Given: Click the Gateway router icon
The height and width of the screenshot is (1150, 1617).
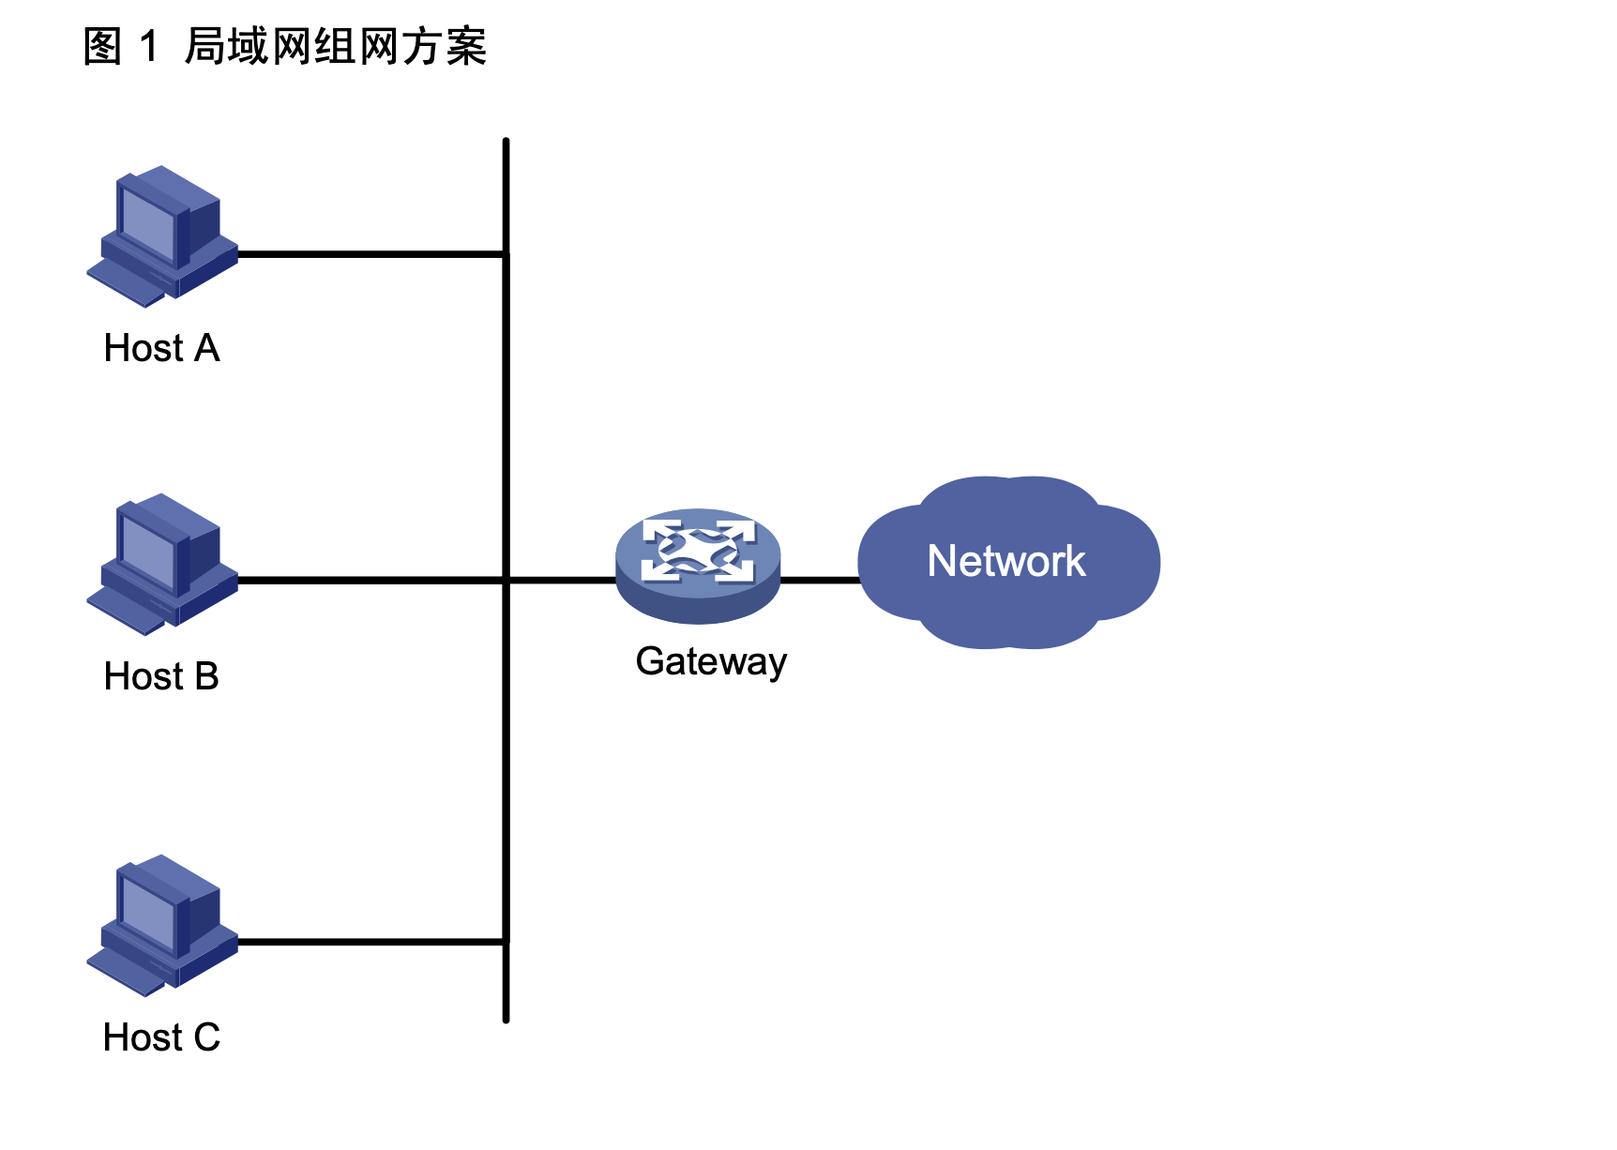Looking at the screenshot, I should tap(698, 565).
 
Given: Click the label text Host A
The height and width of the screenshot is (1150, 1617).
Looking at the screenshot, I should tap(161, 348).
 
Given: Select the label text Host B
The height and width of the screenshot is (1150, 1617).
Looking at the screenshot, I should tap(161, 676).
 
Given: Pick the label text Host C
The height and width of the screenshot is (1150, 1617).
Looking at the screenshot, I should tap(161, 1037).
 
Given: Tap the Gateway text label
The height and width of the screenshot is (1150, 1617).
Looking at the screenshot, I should tap(711, 662).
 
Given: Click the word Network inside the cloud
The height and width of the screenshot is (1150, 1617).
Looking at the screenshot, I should tap(1006, 561).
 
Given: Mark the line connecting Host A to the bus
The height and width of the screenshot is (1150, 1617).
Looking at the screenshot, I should tap(370, 253).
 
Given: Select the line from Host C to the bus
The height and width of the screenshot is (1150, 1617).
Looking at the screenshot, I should tap(370, 941).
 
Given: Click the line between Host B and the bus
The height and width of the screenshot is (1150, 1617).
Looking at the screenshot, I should tap(370, 581).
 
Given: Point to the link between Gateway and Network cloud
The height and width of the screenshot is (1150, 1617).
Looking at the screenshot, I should tap(820, 581).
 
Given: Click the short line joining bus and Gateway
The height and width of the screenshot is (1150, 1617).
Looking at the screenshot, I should tap(561, 581).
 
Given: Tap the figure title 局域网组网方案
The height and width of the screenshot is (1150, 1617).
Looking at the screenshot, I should tap(336, 47).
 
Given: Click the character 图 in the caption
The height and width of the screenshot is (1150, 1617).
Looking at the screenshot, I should tap(102, 47).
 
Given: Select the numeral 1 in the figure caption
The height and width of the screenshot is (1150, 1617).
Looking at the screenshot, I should tap(148, 47).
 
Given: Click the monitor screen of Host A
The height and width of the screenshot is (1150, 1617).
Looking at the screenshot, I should tap(147, 223).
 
